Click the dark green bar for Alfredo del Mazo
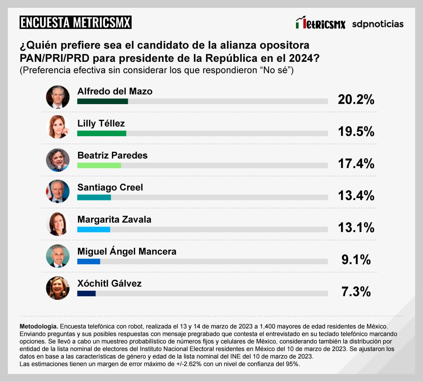103,101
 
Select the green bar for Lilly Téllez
102,133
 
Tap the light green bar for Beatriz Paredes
99,165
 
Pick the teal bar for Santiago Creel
94,197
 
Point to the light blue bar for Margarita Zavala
94,229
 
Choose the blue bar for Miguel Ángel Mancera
89,261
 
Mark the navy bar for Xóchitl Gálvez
87,294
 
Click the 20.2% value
356,100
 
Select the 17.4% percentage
356,164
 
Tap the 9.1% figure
356,259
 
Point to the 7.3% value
356,291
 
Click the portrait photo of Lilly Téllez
58,127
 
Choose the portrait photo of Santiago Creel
58,191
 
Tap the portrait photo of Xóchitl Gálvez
58,288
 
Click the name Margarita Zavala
114,220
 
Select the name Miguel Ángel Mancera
127,252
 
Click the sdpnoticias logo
378,24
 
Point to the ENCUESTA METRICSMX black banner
75,22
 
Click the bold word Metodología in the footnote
39,326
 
